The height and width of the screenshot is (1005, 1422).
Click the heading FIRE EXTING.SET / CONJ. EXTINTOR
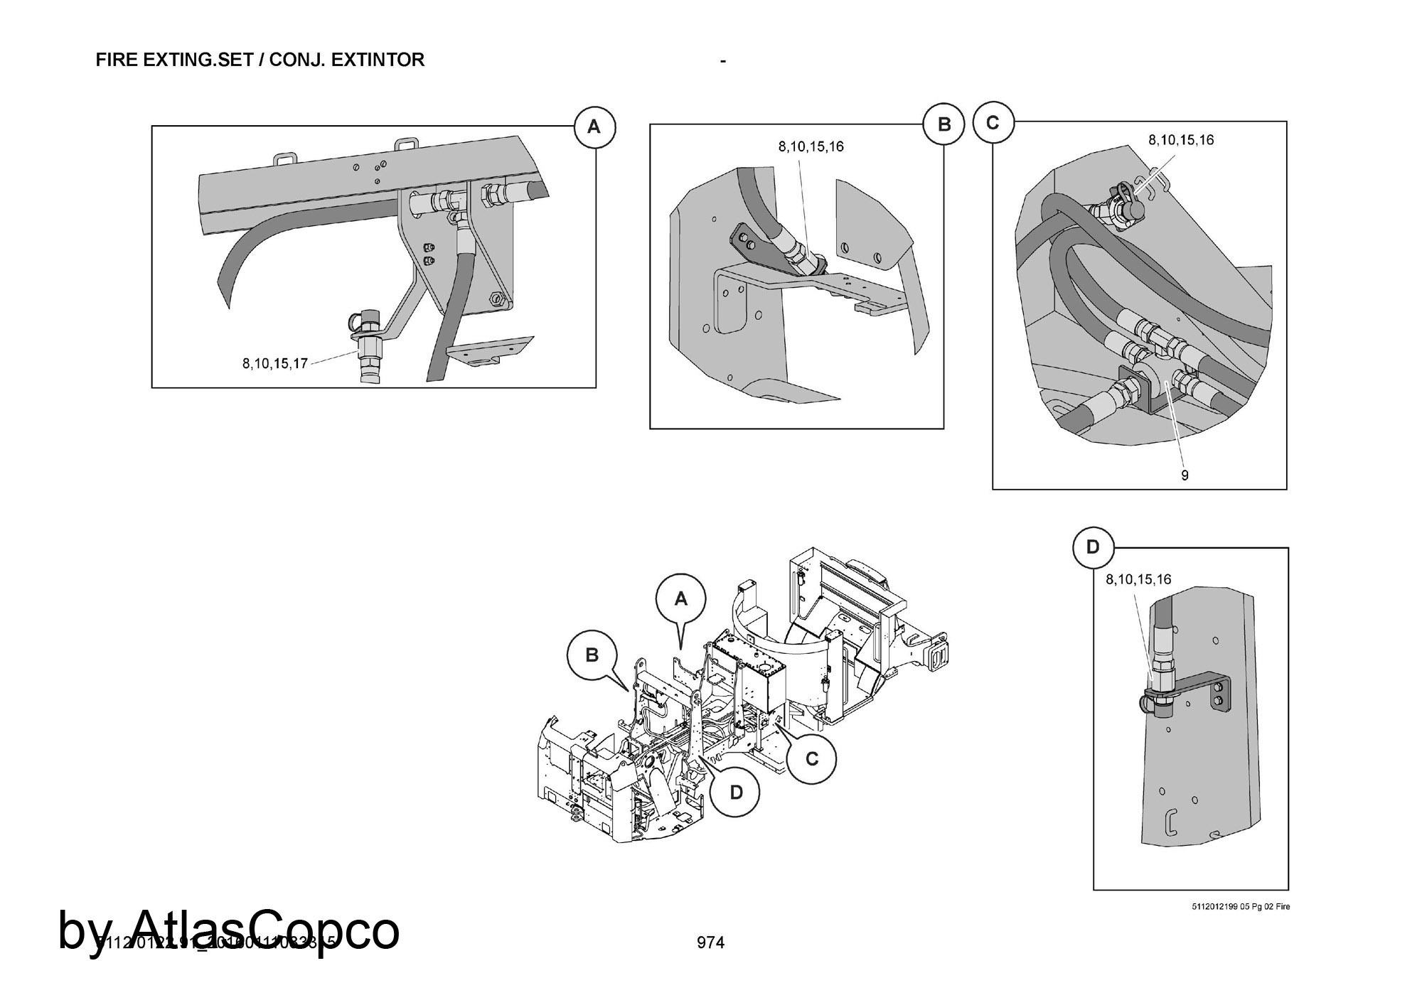(260, 60)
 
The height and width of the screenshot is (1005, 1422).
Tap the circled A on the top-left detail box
(594, 127)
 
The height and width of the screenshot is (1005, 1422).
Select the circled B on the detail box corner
(943, 124)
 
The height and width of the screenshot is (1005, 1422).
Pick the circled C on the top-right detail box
(993, 123)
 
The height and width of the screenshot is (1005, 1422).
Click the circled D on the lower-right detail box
(1093, 547)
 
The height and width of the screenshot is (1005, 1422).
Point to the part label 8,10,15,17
(274, 364)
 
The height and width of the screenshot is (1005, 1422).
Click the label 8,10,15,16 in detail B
(811, 147)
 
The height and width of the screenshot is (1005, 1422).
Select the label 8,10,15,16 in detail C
(1181, 140)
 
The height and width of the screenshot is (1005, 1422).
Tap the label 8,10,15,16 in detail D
(1138, 580)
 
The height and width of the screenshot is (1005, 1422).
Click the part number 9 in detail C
(1185, 475)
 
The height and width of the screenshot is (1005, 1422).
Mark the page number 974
(710, 942)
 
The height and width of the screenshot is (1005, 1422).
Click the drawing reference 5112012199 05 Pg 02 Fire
(1241, 907)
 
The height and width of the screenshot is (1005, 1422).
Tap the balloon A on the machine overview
(681, 599)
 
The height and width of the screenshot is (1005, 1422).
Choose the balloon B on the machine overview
(592, 655)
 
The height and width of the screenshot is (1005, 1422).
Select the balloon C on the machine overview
(811, 759)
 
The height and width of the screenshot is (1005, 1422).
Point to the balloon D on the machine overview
(736, 792)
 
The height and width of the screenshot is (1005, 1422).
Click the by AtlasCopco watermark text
(229, 930)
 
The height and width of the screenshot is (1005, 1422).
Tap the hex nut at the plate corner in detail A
(496, 299)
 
